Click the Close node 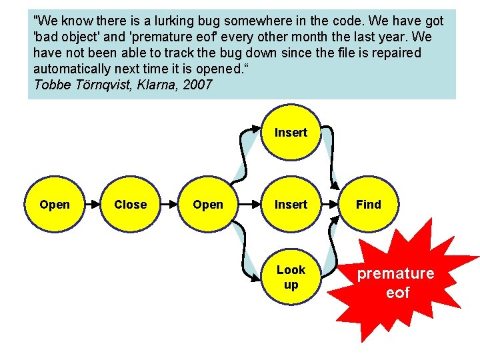(x=130, y=205)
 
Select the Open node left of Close (x=55, y=205)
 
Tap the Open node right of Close (x=208, y=205)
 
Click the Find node (x=368, y=205)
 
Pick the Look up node (x=291, y=277)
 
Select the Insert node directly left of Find (x=291, y=205)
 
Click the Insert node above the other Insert (x=291, y=133)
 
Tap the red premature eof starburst (x=397, y=283)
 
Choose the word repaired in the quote (x=397, y=53)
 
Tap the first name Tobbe (x=49, y=85)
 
